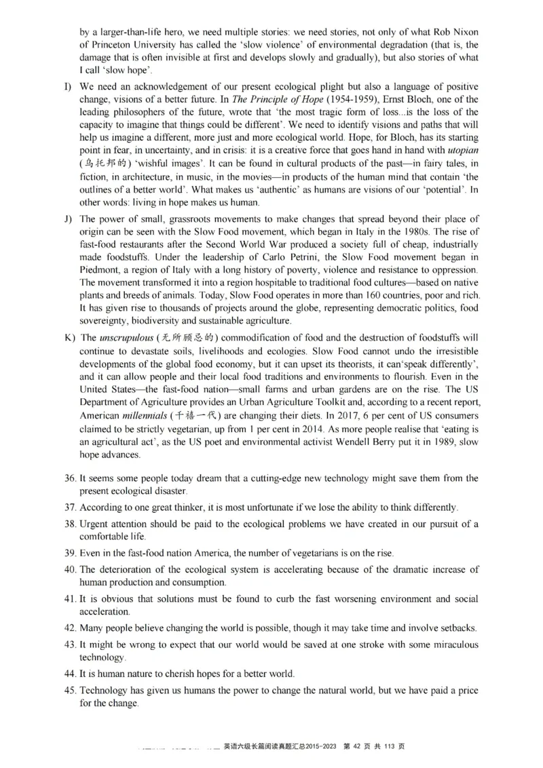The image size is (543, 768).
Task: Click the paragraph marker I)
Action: pos(68,88)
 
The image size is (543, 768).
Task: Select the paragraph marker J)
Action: pos(68,218)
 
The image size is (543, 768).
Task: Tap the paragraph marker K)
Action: pos(69,337)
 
